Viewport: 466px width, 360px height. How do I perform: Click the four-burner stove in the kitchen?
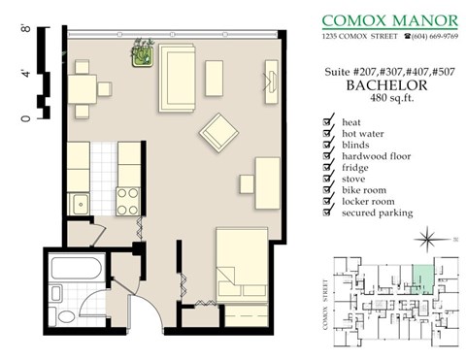click(128, 200)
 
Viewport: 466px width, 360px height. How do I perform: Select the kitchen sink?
click(79, 205)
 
